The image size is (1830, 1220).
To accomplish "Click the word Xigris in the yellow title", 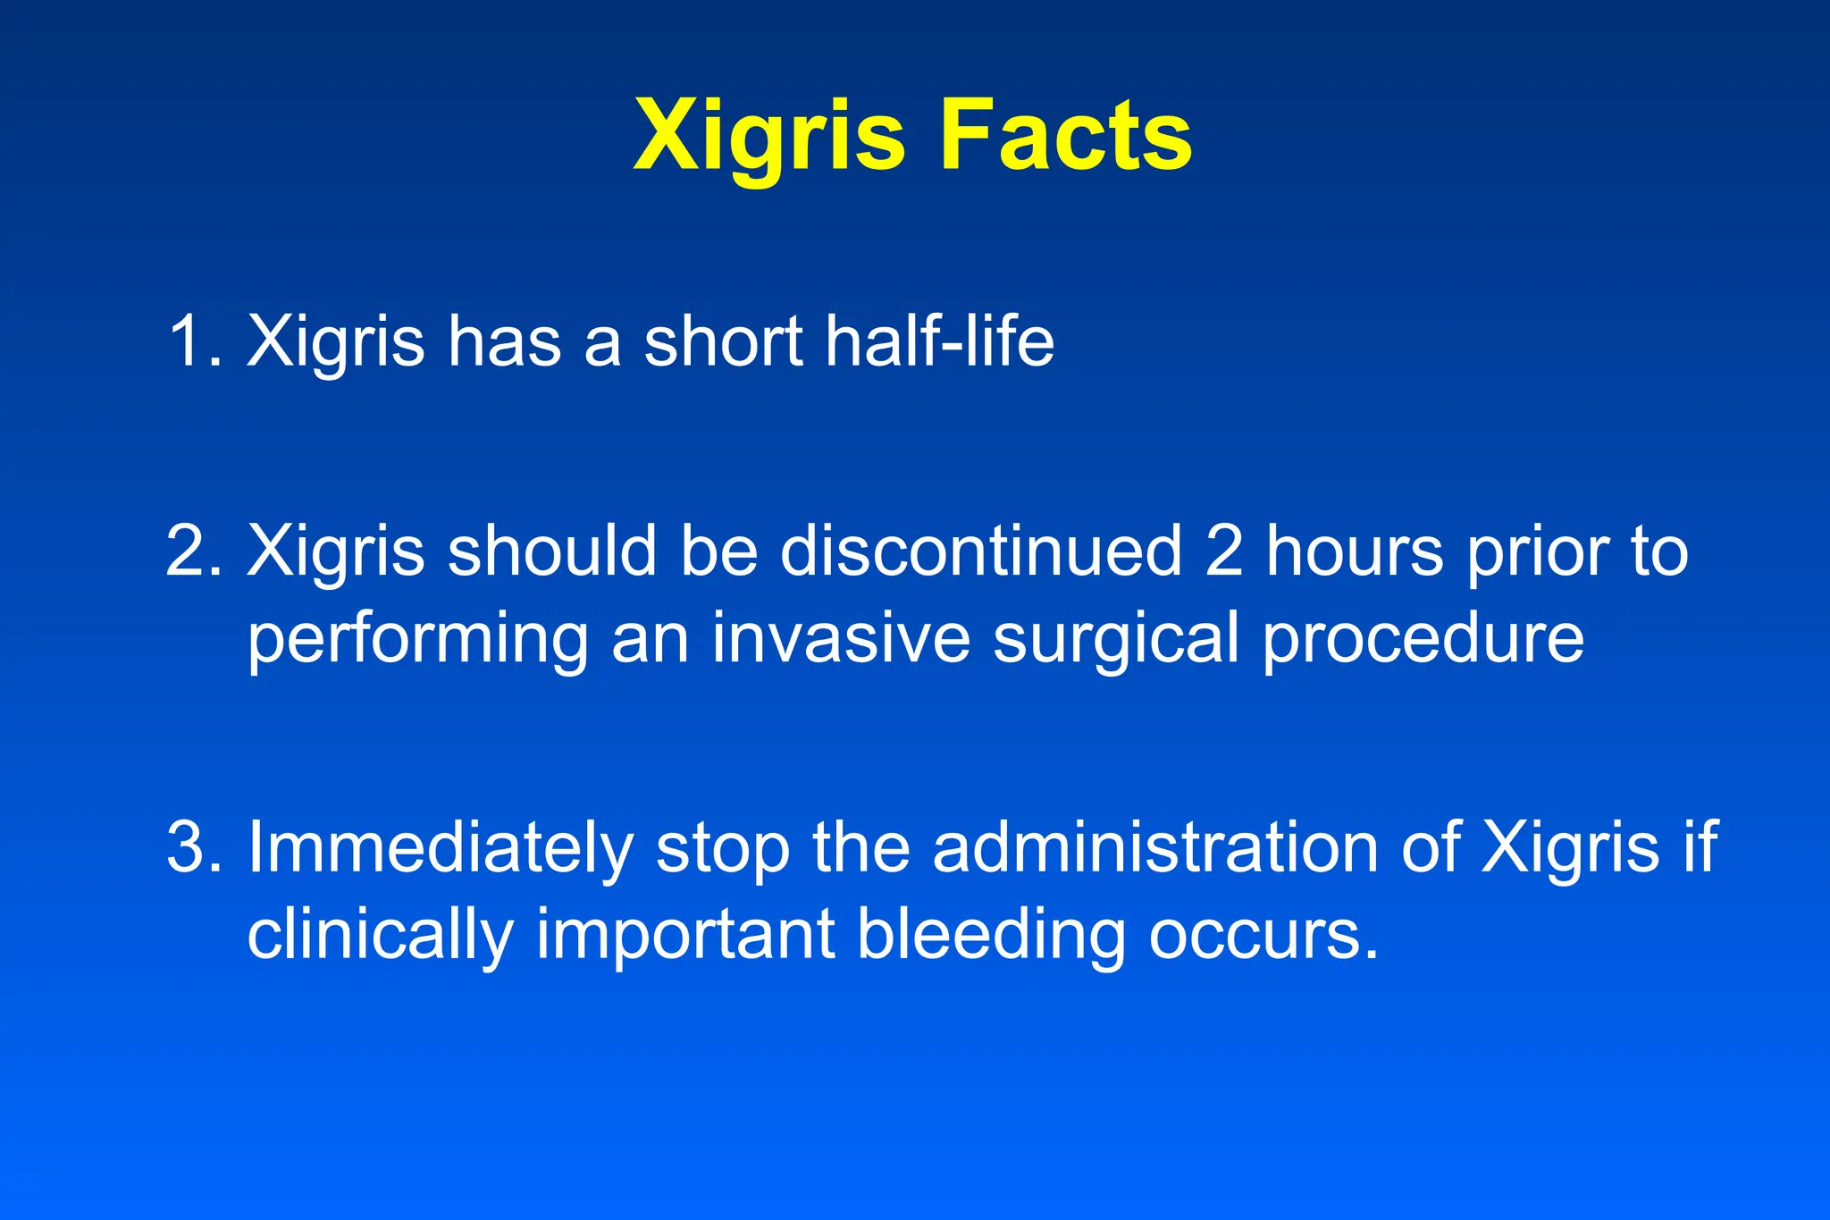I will pyautogui.click(x=768, y=136).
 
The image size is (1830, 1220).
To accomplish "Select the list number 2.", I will pyautogui.click(x=190, y=551).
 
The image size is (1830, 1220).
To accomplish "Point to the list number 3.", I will pyautogui.click(x=190, y=846).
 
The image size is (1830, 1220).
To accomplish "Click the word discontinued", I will pyautogui.click(x=980, y=551).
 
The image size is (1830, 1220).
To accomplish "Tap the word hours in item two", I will pyautogui.click(x=1354, y=551).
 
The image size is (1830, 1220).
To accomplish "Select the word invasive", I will pyautogui.click(x=840, y=638).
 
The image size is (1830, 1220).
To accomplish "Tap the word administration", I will pyautogui.click(x=1154, y=846).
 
